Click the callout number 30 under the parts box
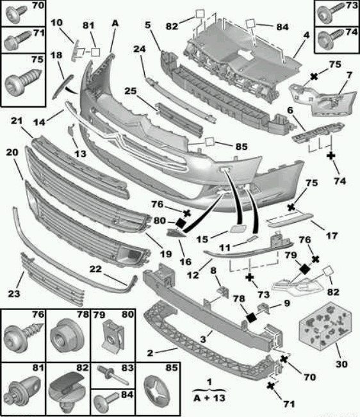tap(341, 364)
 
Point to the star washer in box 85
tap(158, 391)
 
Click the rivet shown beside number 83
tap(112, 375)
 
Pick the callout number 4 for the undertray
tap(307, 35)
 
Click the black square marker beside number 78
tap(251, 317)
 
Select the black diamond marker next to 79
tap(304, 270)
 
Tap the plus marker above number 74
tap(331, 156)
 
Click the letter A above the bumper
tap(115, 24)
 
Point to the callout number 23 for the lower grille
tap(14, 293)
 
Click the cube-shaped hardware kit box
tap(325, 325)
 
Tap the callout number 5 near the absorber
tap(147, 25)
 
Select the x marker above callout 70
tap(284, 359)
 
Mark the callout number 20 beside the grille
tap(12, 152)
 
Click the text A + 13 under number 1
tap(209, 398)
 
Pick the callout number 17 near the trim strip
tap(332, 235)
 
